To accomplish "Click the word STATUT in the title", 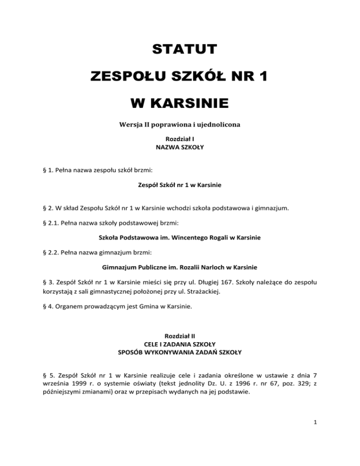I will [x=180, y=49].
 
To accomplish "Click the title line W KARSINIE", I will [x=180, y=102].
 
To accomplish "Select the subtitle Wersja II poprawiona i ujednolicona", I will [x=180, y=126].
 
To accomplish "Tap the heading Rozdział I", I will [x=180, y=139].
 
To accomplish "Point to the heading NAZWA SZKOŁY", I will [x=180, y=147].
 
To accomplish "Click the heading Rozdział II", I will [x=180, y=336].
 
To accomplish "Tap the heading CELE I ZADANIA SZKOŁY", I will [x=180, y=344].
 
